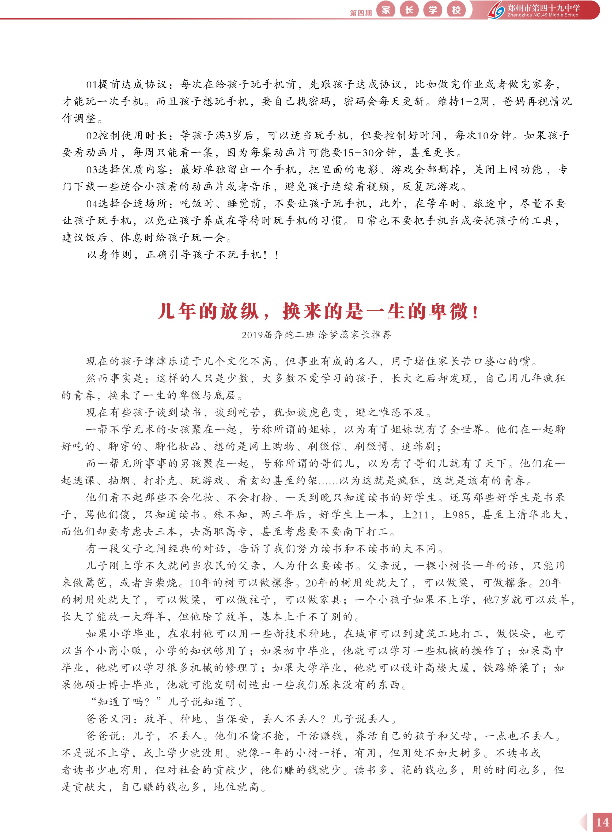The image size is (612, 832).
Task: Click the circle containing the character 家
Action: point(386,10)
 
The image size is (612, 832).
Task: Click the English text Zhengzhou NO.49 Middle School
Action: point(543,15)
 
